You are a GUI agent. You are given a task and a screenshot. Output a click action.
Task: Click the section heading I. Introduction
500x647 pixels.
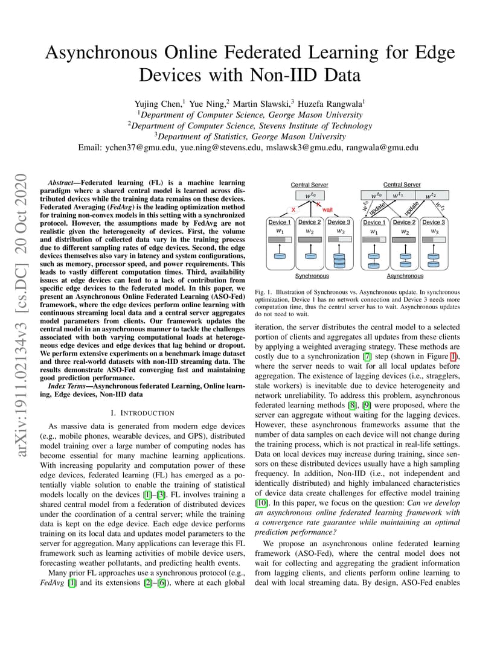pos(143,413)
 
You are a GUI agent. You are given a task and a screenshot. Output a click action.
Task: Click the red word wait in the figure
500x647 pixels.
pos(327,209)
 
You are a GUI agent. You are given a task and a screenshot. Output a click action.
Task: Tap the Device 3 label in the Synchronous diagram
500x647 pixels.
pos(339,222)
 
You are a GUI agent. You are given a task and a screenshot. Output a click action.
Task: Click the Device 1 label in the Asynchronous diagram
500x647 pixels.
pos(374,222)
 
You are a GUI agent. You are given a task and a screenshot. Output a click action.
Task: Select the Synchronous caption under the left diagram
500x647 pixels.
pos(312,276)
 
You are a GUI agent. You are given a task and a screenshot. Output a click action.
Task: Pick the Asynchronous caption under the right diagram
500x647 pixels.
pos(405,276)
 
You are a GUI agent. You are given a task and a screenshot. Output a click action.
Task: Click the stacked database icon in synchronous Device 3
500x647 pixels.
pos(339,259)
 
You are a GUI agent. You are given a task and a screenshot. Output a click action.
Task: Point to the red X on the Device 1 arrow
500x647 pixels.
pos(293,209)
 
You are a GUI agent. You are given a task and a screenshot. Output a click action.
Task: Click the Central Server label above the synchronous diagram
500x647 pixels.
pos(309,185)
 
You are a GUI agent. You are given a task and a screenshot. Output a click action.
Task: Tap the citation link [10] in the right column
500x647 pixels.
pos(261,502)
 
